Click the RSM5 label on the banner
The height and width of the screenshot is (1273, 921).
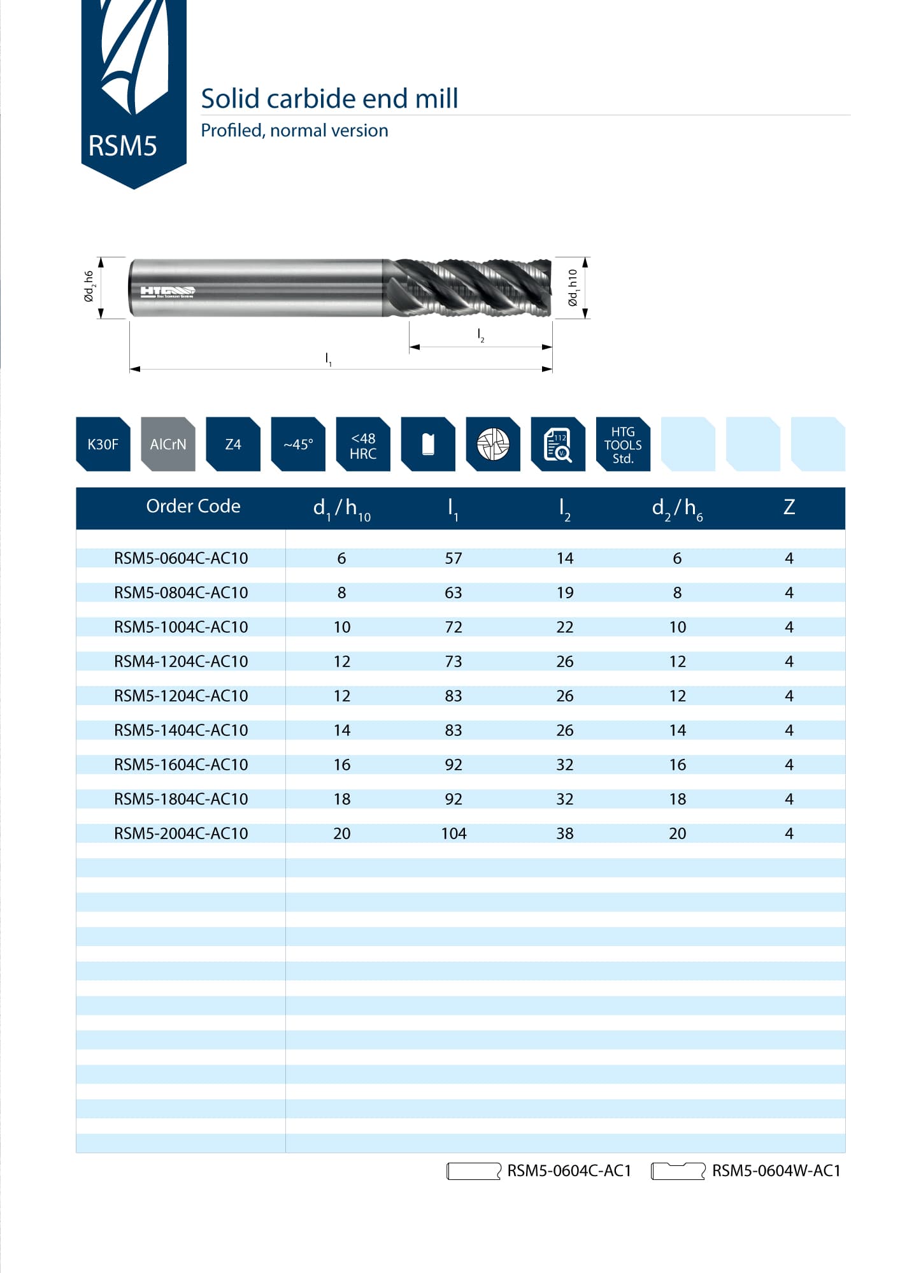122,146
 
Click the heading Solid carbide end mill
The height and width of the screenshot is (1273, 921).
329,99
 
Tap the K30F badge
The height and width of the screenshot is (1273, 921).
103,444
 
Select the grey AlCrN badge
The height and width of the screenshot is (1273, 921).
168,444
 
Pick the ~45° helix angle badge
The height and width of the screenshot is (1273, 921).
298,444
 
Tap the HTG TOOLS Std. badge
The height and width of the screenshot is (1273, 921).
622,445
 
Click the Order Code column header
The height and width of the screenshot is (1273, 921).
193,506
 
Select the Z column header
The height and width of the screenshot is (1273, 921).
789,507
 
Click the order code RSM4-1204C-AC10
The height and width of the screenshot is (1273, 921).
181,661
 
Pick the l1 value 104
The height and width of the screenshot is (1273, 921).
453,833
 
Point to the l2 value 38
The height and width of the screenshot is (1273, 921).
564,833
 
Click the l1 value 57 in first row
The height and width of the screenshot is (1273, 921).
453,558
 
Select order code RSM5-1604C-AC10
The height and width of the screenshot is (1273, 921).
181,765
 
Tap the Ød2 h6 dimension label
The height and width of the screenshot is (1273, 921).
89,287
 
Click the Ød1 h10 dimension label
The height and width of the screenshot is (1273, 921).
573,288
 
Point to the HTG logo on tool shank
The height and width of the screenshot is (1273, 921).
168,292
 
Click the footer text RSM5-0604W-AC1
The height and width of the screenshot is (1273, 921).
776,1170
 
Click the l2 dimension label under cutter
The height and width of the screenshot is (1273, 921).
481,335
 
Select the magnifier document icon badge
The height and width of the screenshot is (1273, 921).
557,445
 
